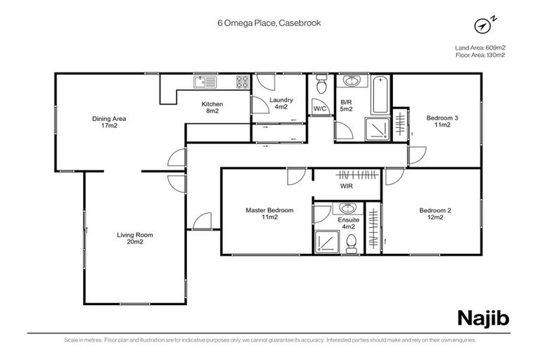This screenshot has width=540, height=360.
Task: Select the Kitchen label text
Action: (x=213, y=108)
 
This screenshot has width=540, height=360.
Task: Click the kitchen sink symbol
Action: (x=206, y=82)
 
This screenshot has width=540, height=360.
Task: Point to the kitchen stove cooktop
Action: (x=242, y=82)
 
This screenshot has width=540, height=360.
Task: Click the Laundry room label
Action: (x=281, y=103)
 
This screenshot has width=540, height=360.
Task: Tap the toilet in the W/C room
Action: (x=321, y=86)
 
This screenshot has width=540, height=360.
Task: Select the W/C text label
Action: (x=320, y=108)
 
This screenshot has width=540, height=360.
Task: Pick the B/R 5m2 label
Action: (x=346, y=105)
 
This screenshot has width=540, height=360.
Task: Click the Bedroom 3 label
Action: (x=442, y=122)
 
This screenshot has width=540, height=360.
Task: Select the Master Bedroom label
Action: (x=269, y=214)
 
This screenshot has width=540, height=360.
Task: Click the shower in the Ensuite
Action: (x=326, y=241)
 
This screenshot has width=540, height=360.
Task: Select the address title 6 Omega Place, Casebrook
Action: (x=269, y=22)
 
